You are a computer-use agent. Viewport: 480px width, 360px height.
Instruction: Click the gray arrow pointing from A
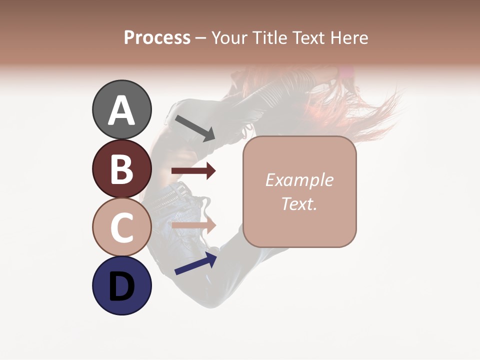point(195,128)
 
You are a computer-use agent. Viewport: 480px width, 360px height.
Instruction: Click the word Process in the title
point(157,38)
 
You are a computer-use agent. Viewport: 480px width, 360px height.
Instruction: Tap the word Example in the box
point(299,180)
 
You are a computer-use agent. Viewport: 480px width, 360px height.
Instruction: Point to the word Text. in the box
point(299,203)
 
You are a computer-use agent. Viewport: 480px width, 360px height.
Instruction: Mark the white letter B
point(122,169)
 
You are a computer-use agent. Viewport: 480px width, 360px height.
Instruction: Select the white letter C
point(122,227)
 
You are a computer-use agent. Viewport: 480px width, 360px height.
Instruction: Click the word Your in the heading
point(230,38)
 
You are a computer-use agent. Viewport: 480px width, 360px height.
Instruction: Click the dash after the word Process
point(200,38)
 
